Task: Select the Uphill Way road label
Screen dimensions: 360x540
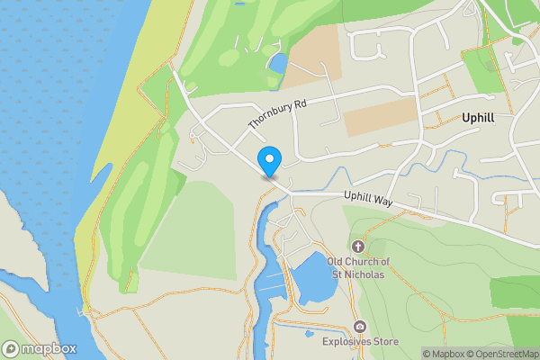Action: (x=370, y=200)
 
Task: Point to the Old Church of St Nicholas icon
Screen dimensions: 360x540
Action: (x=358, y=246)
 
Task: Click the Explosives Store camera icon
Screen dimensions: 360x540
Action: (x=361, y=327)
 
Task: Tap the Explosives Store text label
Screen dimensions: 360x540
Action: (x=360, y=342)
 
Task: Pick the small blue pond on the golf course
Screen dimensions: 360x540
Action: (x=277, y=64)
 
